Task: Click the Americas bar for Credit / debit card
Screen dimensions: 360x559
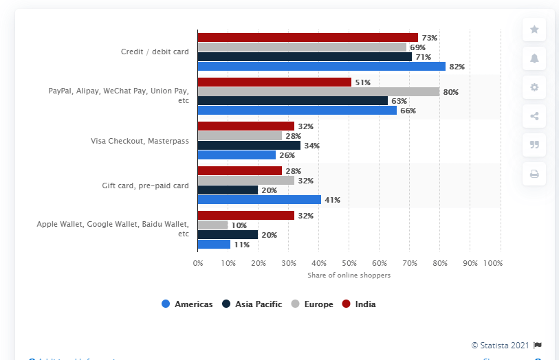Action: coord(321,67)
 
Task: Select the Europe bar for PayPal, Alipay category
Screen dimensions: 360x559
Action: coord(318,91)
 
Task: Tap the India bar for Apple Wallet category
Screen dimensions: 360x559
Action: coord(245,215)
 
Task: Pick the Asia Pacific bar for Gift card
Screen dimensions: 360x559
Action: coord(228,190)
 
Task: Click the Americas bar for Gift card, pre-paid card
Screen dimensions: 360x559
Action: coord(259,200)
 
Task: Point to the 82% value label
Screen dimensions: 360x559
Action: coord(457,67)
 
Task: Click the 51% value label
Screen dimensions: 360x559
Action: coord(362,82)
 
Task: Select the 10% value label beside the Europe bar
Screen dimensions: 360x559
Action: coord(238,225)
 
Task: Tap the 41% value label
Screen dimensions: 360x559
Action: coord(332,200)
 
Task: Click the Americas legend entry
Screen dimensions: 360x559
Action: coord(187,304)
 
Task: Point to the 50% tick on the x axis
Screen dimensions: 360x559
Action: coord(349,263)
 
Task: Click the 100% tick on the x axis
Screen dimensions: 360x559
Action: coord(493,263)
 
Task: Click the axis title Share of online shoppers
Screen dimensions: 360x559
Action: coord(349,275)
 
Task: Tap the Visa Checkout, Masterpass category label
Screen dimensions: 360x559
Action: coord(140,141)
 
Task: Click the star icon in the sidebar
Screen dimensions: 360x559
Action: coord(534,30)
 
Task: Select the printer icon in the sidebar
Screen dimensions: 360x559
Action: coord(534,174)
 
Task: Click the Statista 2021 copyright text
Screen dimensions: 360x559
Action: coord(500,345)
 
